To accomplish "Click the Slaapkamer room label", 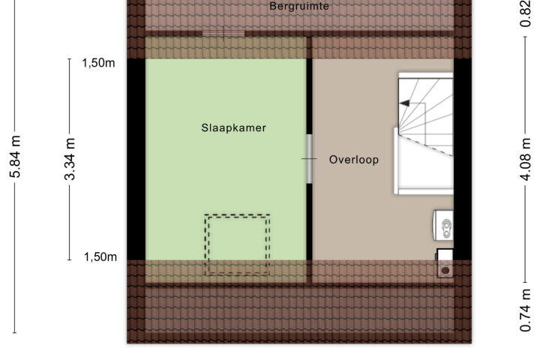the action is click(x=233, y=127).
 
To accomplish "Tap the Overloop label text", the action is click(x=354, y=160).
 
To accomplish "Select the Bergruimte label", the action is click(x=299, y=6).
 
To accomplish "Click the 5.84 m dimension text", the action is click(x=15, y=157).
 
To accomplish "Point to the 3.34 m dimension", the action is click(x=70, y=159).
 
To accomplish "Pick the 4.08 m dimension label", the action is click(x=526, y=159).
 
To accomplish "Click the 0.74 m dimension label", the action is click(x=526, y=310).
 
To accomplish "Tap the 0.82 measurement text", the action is click(x=526, y=13).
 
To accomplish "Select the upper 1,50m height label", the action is click(x=98, y=63).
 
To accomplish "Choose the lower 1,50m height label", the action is click(x=100, y=256).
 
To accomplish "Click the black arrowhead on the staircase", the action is click(x=404, y=103).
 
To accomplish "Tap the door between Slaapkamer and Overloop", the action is click(x=309, y=159).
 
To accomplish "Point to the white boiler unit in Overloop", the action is click(x=443, y=226).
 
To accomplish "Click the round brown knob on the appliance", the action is click(x=445, y=271).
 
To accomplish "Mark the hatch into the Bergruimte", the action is click(x=223, y=34).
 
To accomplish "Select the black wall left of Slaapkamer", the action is click(x=136, y=159).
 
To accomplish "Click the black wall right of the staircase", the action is click(x=463, y=159).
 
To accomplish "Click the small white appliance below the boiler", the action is click(x=445, y=262).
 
